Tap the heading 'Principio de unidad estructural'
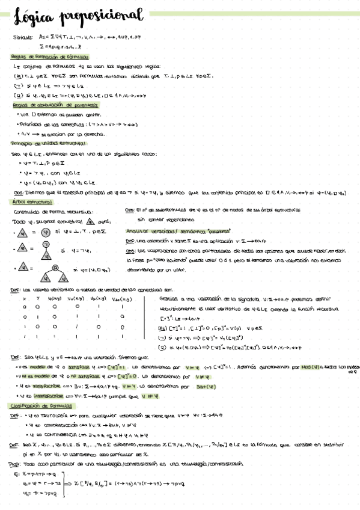point(48,143)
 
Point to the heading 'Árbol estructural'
point(29,202)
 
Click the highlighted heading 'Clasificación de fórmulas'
point(41,406)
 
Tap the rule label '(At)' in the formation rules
point(17,76)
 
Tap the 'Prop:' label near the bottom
point(14,464)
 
